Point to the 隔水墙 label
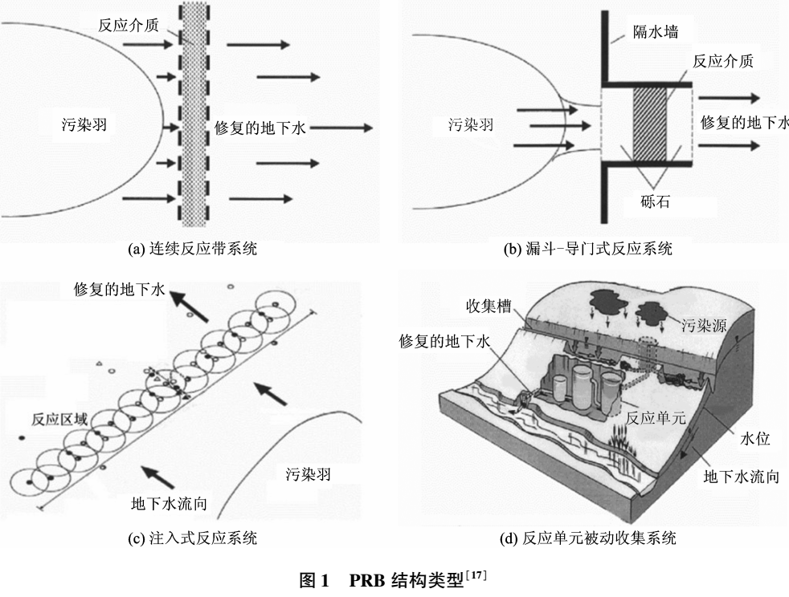pos(655,33)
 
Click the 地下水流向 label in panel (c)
pos(170,504)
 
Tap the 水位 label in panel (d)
pos(754,439)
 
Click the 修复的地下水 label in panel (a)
pos(263,127)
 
